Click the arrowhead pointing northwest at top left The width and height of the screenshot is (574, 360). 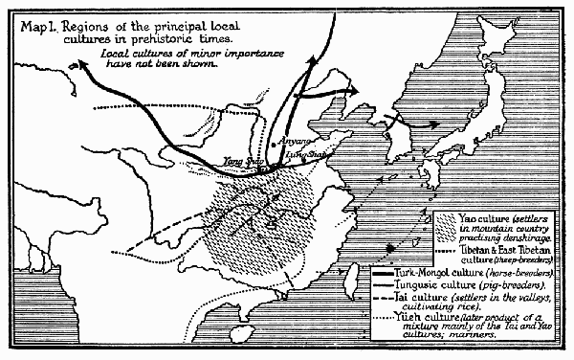coord(82,59)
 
